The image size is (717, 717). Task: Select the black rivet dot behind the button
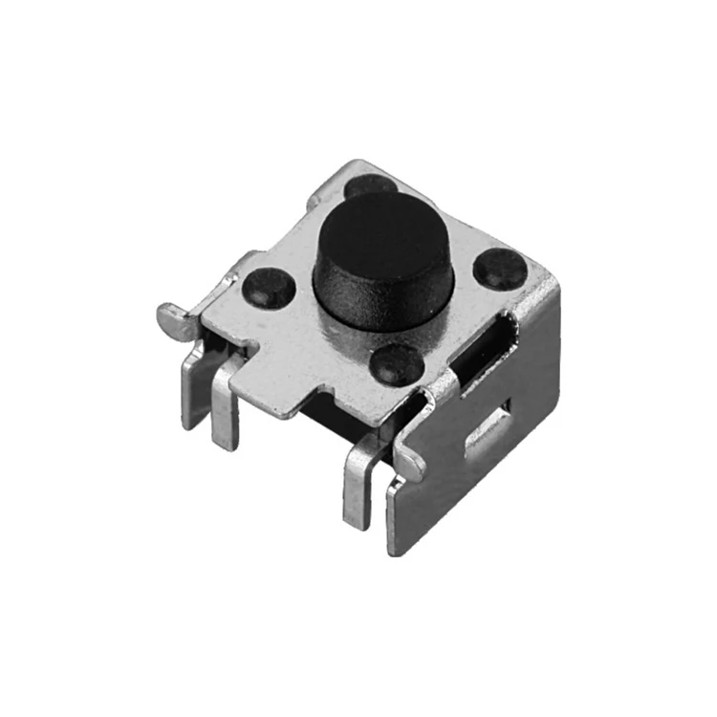(369, 185)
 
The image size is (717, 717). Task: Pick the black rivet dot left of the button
(270, 285)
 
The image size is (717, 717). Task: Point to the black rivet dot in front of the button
(398, 363)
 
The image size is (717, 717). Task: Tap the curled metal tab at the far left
(173, 316)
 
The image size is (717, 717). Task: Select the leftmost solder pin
(194, 387)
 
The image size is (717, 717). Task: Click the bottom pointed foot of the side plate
(396, 535)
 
